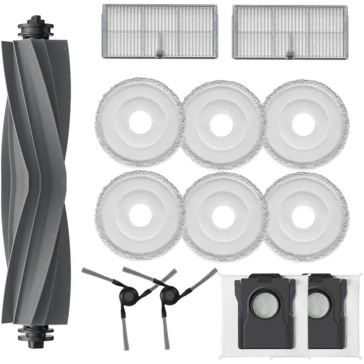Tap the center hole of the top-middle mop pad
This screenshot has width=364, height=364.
[223, 125]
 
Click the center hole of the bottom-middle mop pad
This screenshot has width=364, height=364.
[223, 216]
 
